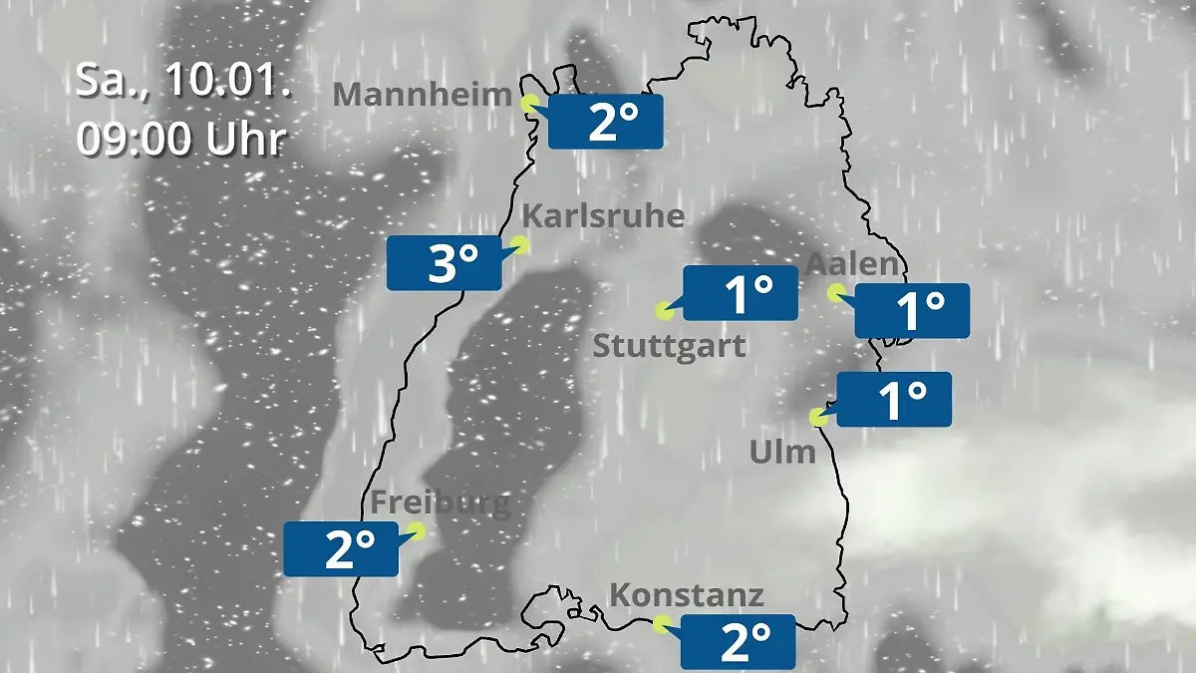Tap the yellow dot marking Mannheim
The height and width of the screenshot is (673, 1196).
[x=529, y=102]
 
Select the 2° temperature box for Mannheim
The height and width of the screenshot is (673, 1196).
[x=605, y=122]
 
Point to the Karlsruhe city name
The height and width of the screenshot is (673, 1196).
[x=603, y=216]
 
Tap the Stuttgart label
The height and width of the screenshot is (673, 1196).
[x=669, y=347]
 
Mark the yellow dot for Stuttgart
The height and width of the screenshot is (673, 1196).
[x=664, y=310]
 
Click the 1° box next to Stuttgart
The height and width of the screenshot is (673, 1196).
[x=740, y=293]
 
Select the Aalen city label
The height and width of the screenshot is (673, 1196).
[x=852, y=264]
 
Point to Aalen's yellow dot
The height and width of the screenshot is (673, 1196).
[x=836, y=292]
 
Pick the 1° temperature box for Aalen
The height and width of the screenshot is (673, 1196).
[x=912, y=311]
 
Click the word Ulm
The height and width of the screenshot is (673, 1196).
[x=782, y=453]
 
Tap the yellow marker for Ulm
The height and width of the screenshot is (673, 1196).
[x=818, y=417]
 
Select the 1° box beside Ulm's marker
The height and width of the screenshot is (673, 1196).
[x=894, y=400]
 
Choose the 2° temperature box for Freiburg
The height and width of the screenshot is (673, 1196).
[x=341, y=548]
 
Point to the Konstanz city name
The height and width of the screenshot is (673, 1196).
[x=686, y=596]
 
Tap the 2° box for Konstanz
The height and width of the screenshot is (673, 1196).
[x=738, y=641]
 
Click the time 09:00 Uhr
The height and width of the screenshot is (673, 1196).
[x=181, y=140]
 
